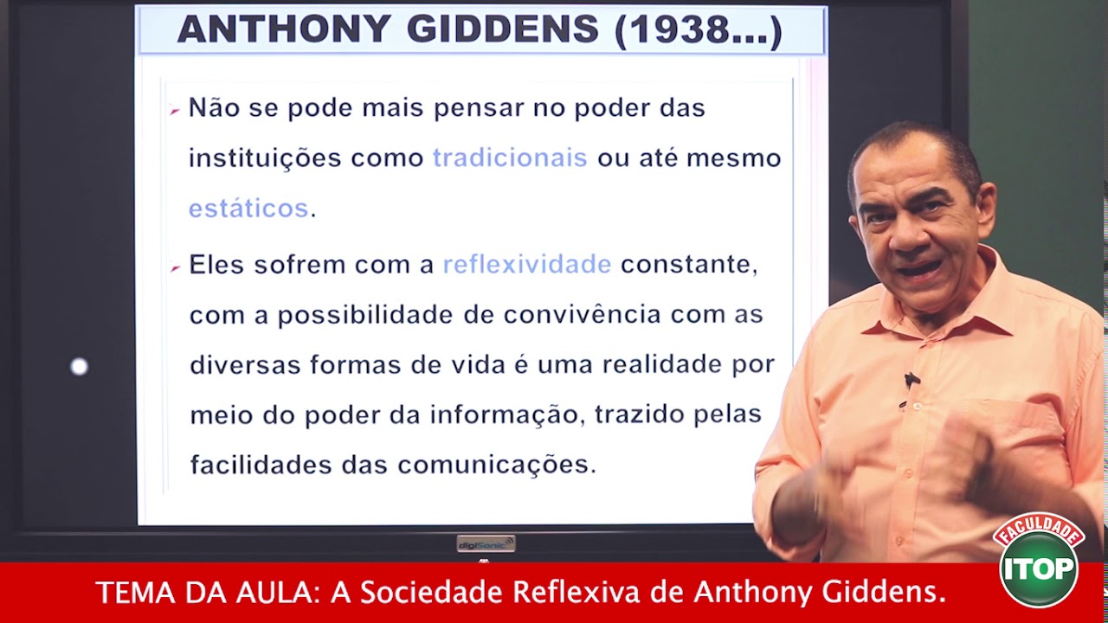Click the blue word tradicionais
click(x=510, y=158)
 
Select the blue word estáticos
click(x=248, y=209)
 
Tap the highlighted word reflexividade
click(x=527, y=265)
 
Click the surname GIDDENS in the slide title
click(x=503, y=30)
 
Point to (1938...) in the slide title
click(x=699, y=30)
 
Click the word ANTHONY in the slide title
click(x=283, y=30)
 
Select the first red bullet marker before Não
click(x=174, y=111)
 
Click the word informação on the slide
click(x=506, y=414)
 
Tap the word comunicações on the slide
click(x=497, y=465)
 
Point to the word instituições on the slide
click(x=265, y=158)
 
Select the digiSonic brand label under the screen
click(x=486, y=543)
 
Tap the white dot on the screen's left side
click(x=79, y=367)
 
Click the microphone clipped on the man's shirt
click(x=910, y=381)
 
